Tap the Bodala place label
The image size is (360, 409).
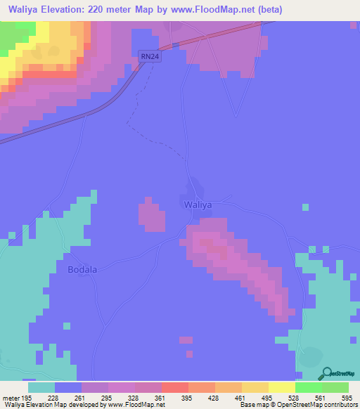pyautogui.click(x=82, y=270)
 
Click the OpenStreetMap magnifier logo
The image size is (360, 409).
pyautogui.click(x=326, y=374)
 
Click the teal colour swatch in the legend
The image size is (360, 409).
pyautogui.click(x=41, y=387)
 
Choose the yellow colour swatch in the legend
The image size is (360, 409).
pyautogui.click(x=281, y=387)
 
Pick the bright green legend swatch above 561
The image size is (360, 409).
pyautogui.click(x=308, y=387)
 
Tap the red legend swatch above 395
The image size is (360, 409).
pyautogui.click(x=174, y=387)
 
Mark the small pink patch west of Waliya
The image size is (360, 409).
pyautogui.click(x=152, y=214)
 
